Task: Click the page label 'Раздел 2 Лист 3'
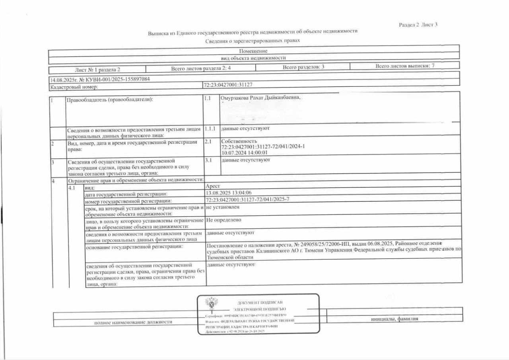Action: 418,25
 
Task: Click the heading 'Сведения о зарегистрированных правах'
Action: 253,41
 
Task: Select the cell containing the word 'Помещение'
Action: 253,51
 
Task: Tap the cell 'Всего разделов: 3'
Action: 303,67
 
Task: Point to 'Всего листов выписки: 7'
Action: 408,66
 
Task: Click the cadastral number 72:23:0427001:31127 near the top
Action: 228,85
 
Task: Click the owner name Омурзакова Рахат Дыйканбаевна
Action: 260,97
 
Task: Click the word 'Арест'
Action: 213,186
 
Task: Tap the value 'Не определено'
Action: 223,220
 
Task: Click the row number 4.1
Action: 72,187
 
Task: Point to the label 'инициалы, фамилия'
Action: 394,319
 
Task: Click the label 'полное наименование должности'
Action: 133,322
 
